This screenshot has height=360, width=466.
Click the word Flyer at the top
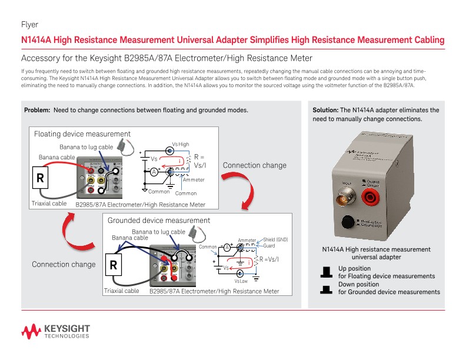click(29, 25)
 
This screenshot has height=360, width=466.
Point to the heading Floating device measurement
click(82, 134)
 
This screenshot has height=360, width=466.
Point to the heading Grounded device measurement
click(159, 221)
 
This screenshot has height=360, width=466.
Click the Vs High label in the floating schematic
click(180, 144)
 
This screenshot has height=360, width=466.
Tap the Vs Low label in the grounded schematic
click(241, 281)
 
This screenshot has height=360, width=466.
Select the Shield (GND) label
click(275, 239)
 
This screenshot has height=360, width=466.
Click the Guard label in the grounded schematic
click(269, 245)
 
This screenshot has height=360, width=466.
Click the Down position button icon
click(325, 289)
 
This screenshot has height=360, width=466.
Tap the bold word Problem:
click(37, 111)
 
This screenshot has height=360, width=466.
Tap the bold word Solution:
click(325, 110)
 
